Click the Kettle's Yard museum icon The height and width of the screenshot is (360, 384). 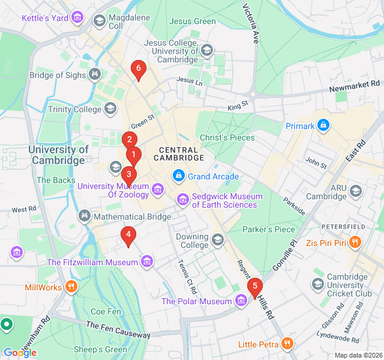tap(77, 18)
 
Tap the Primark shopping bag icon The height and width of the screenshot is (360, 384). tap(323, 126)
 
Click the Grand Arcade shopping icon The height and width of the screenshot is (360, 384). tap(178, 176)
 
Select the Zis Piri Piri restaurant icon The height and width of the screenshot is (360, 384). tap(355, 242)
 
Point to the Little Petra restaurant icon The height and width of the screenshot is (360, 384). tap(287, 344)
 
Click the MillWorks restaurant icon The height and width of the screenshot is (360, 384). tap(71, 287)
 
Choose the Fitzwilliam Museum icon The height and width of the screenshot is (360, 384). tap(146, 262)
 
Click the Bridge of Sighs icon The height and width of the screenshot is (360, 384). tap(94, 76)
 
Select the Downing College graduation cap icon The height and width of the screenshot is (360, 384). tap(217, 241)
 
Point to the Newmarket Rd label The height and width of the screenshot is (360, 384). tap(355, 87)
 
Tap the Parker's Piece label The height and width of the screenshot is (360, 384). tap(269, 229)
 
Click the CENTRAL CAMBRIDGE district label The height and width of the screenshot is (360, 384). tap(179, 154)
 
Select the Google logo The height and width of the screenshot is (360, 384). tap(20, 352)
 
